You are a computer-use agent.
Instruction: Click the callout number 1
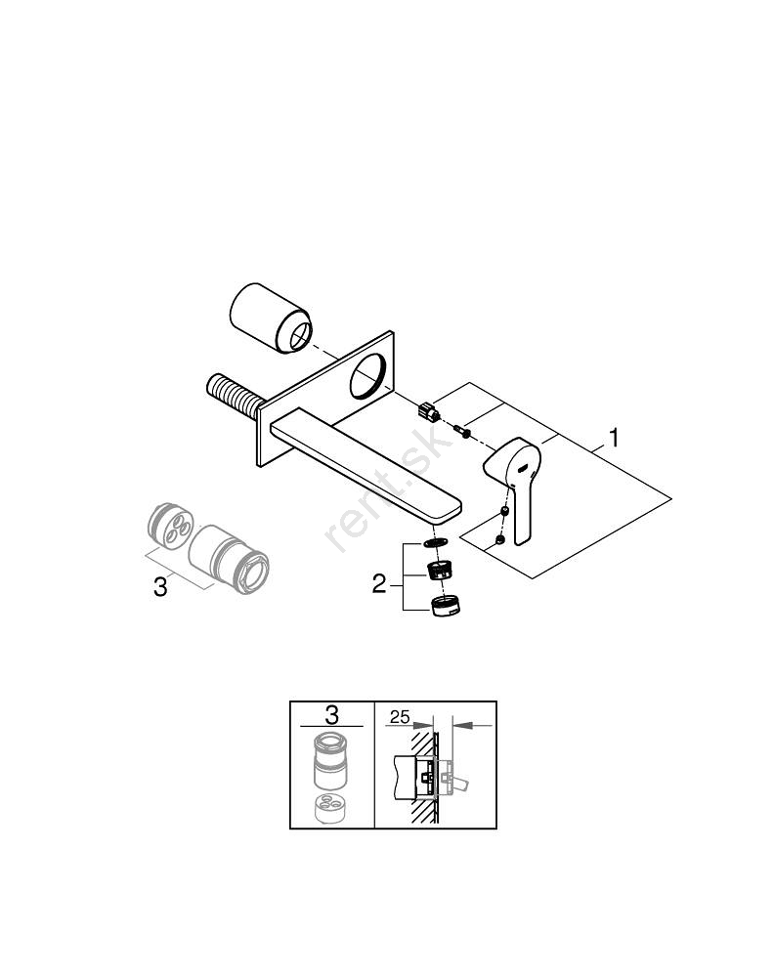pyautogui.click(x=614, y=439)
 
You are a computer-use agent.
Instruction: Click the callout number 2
pyautogui.click(x=380, y=584)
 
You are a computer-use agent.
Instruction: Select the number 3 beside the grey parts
pyautogui.click(x=161, y=587)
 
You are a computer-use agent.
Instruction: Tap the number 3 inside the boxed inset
pyautogui.click(x=331, y=715)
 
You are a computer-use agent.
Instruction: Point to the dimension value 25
pyautogui.click(x=399, y=717)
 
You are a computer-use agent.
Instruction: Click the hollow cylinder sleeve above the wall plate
pyautogui.click(x=269, y=319)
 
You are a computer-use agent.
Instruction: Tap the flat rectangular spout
pyautogui.click(x=371, y=459)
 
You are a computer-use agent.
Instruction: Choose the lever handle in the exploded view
pyautogui.click(x=517, y=484)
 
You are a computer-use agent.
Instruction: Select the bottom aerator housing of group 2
pyautogui.click(x=445, y=605)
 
